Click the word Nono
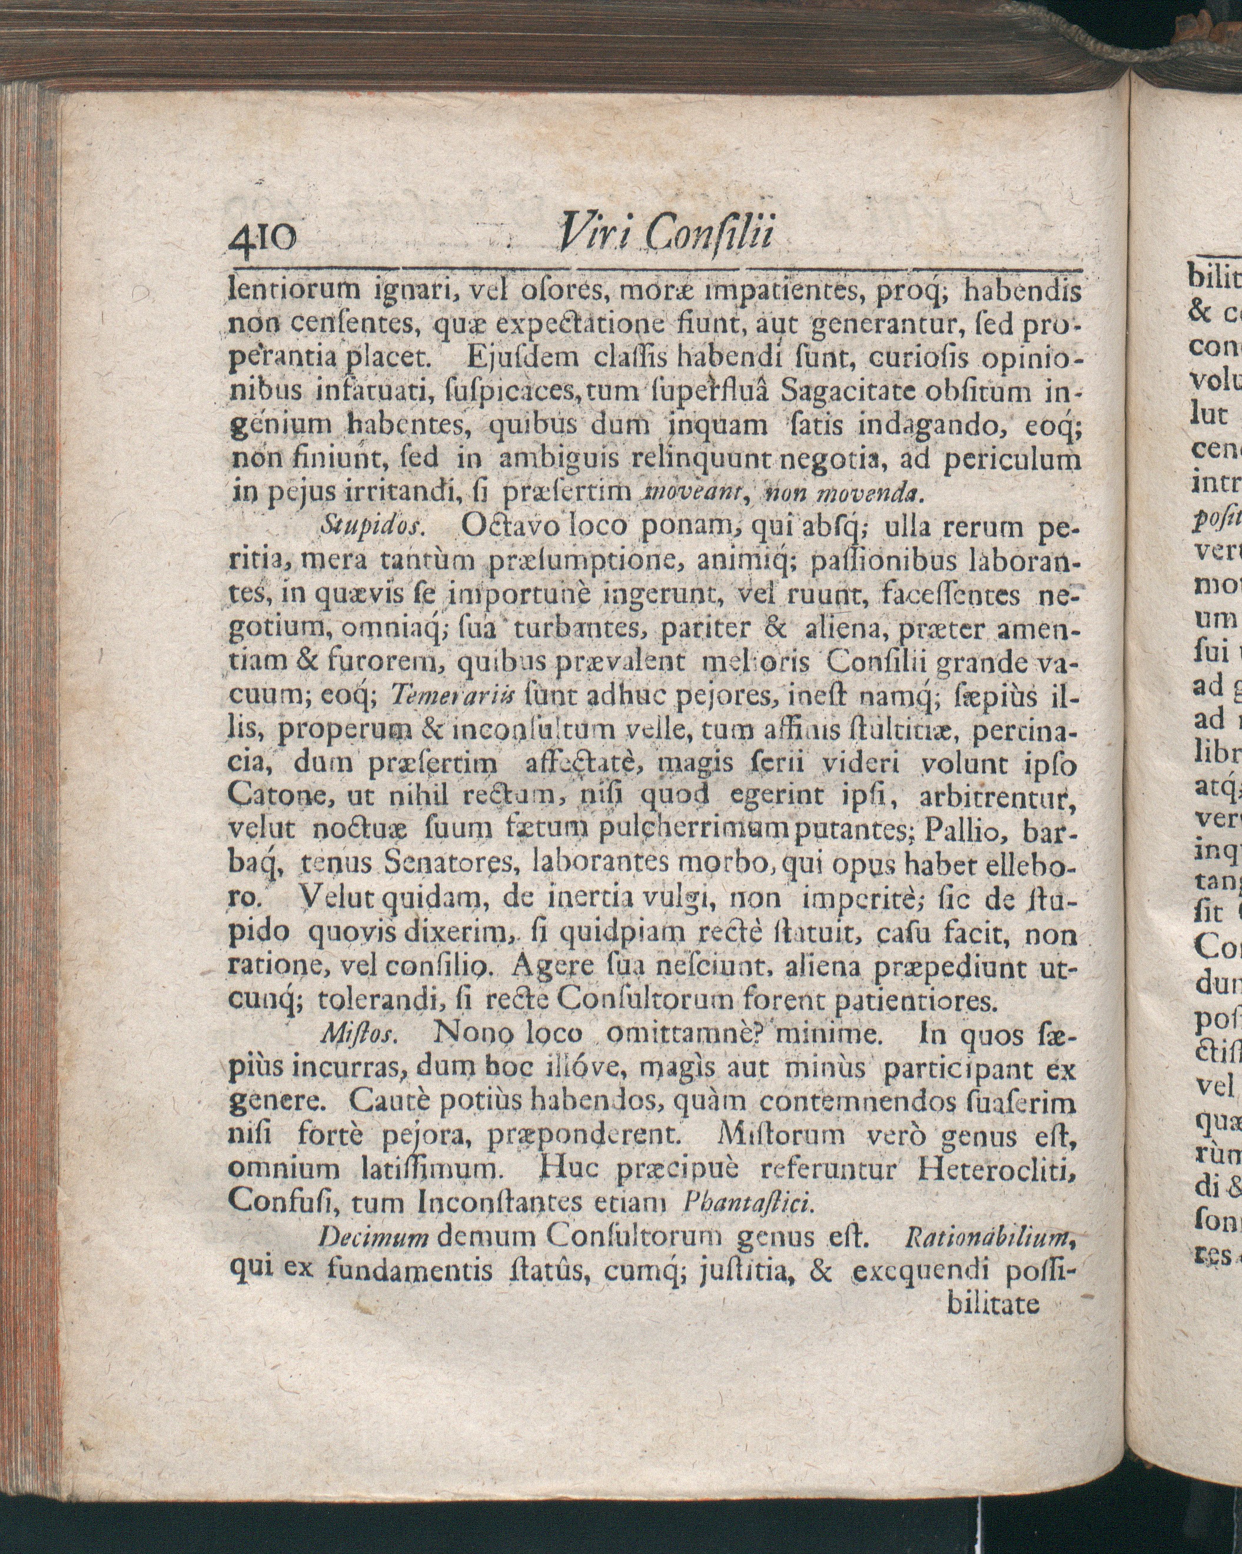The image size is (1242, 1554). click(x=468, y=1035)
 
